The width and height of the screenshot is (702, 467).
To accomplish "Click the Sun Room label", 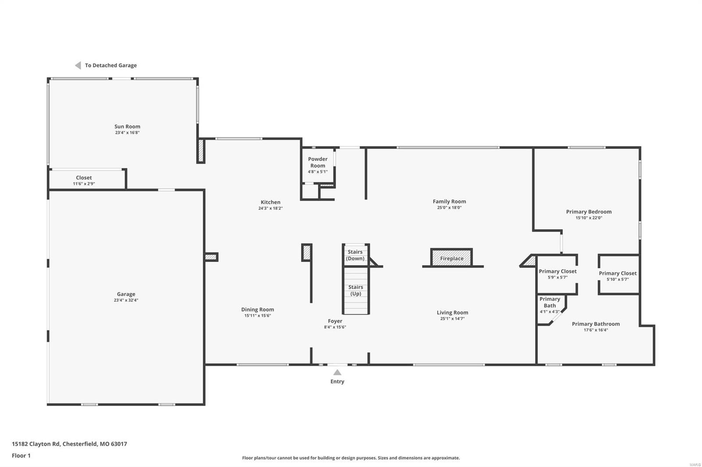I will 127,127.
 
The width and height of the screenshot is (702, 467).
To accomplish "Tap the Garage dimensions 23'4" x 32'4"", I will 126,301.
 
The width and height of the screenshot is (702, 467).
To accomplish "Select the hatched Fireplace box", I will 451,258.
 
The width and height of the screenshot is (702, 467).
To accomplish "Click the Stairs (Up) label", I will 356,290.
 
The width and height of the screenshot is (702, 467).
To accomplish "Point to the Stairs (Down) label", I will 355,255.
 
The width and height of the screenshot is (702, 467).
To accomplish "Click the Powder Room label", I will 318,162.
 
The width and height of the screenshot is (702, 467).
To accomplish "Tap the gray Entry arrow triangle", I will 337,372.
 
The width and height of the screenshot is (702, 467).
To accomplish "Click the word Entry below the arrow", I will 337,382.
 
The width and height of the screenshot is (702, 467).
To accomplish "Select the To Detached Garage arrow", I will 78,65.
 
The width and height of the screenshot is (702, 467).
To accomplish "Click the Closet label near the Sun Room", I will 84,178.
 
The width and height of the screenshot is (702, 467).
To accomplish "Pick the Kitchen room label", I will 270,202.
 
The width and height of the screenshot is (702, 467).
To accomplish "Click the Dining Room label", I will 258,310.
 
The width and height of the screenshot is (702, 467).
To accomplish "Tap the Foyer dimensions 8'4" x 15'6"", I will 335,327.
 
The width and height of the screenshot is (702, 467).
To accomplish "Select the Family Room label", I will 449,202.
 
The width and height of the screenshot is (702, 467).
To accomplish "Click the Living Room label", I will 452,313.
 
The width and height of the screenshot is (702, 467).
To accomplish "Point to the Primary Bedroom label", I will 588,212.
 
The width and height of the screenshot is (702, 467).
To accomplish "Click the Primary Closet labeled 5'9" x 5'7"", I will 558,272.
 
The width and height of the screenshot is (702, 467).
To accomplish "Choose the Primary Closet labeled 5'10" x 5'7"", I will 617,274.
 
